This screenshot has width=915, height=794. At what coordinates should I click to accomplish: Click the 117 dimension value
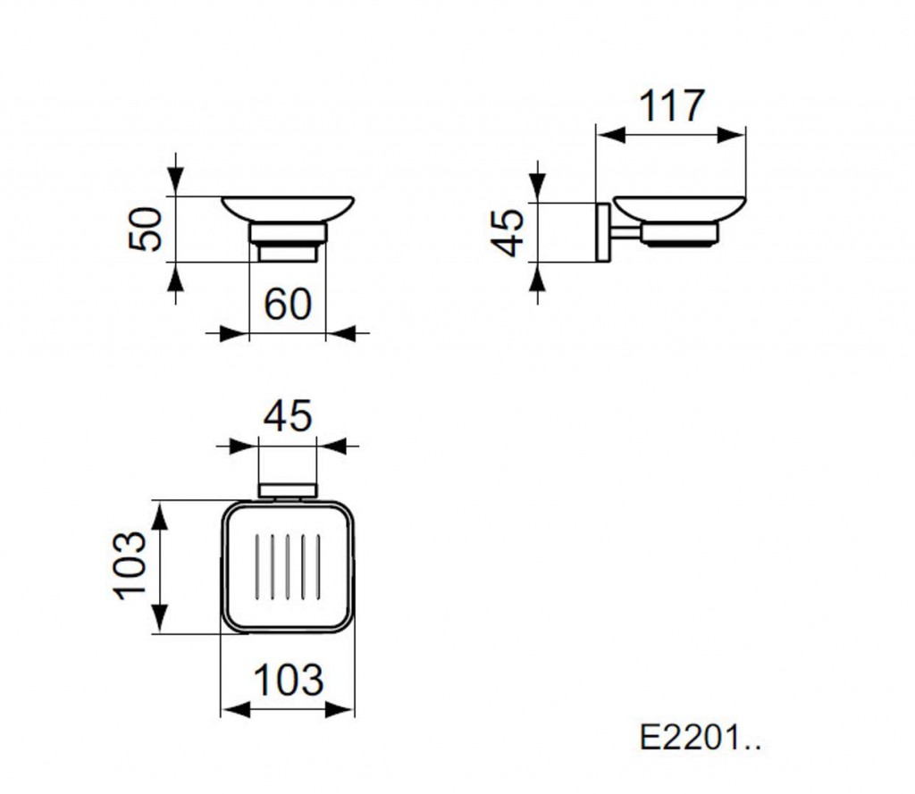671,106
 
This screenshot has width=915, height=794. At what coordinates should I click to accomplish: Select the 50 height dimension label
146,229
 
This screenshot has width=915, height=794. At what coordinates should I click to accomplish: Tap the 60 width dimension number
288,304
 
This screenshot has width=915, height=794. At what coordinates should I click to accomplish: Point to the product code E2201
701,738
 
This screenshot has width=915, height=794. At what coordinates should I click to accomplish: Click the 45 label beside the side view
508,233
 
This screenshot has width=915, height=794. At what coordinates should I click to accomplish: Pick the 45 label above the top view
288,416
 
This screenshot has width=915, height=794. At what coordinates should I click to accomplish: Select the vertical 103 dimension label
130,565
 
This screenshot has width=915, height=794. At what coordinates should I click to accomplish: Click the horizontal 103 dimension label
289,680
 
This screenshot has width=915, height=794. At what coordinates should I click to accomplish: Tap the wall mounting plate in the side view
602,233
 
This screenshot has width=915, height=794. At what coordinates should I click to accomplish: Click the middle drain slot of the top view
288,566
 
